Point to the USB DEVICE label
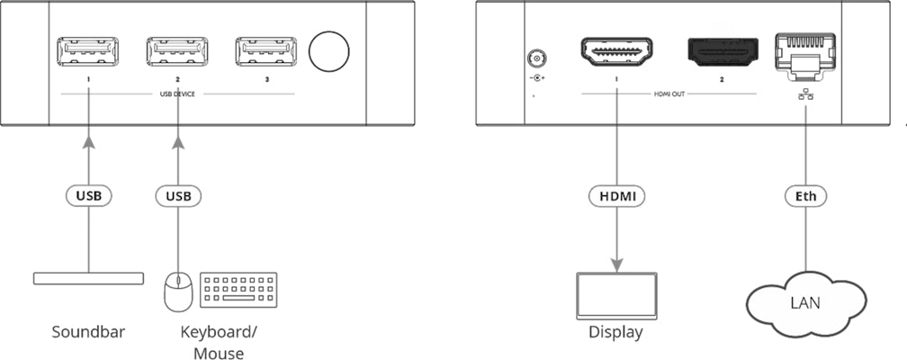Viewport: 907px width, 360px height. (x=177, y=93)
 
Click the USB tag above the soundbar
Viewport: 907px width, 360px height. (x=88, y=194)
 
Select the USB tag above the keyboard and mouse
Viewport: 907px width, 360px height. (x=177, y=194)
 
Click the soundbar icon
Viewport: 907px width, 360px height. (x=88, y=278)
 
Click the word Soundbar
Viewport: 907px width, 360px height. (x=88, y=332)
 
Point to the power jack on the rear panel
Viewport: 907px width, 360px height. (x=537, y=60)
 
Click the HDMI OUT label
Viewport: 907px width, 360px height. (x=668, y=93)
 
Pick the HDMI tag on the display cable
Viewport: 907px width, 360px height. (x=616, y=194)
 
